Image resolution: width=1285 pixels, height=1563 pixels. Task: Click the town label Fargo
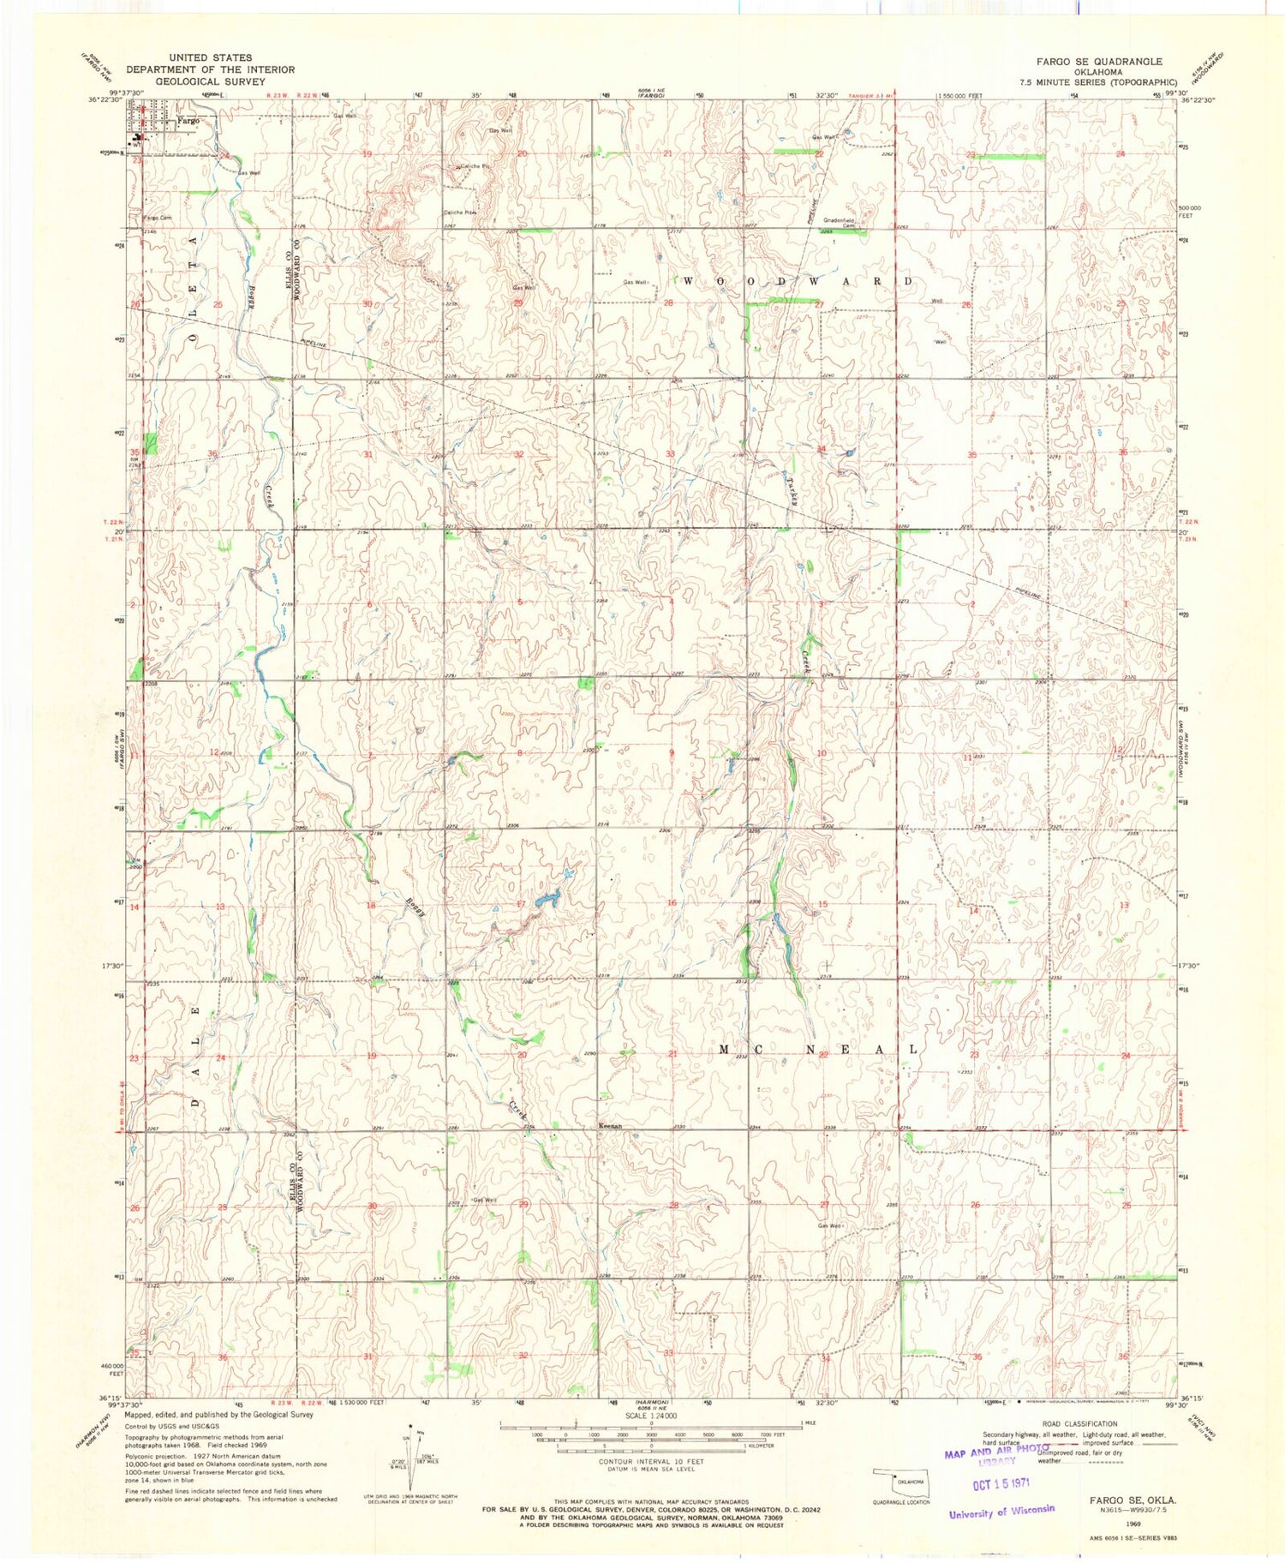coord(188,121)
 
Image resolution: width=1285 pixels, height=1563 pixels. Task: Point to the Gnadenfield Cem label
coord(845,221)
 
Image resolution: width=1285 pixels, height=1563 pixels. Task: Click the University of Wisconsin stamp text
coord(1001,1512)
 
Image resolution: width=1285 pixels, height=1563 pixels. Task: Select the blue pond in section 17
coord(546,900)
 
